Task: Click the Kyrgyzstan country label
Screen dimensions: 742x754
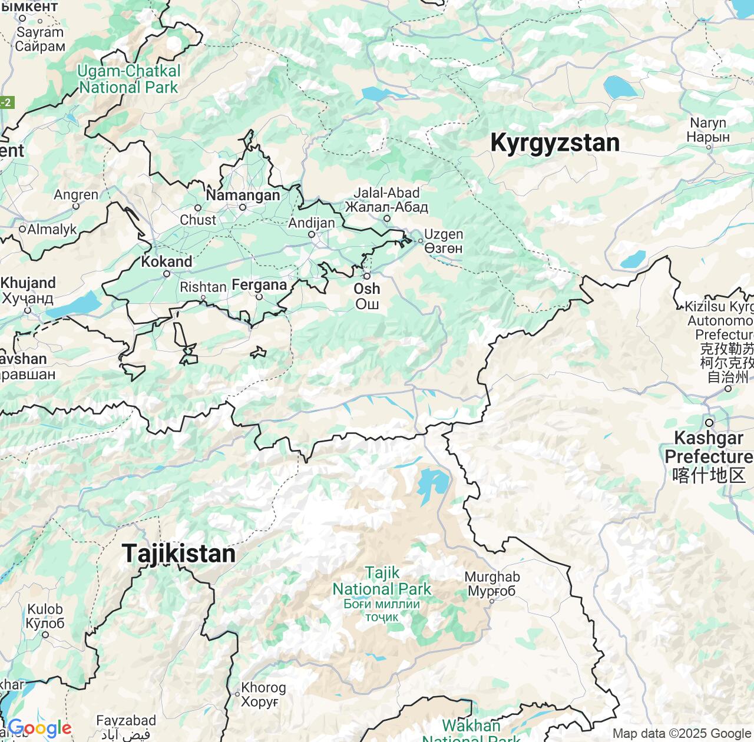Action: pos(554,143)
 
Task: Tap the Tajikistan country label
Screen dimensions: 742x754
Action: pos(178,554)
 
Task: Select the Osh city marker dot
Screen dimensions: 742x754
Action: pos(366,276)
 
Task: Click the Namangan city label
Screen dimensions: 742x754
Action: pos(243,195)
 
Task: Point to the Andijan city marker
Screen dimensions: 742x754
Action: pos(312,234)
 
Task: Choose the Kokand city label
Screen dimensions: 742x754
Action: pos(167,261)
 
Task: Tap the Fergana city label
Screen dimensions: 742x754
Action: pos(259,285)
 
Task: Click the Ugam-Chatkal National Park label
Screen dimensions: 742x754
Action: pos(128,79)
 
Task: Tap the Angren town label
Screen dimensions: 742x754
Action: pos(76,195)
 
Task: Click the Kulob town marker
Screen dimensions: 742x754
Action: pos(45,634)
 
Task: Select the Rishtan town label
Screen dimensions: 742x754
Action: pos(203,287)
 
